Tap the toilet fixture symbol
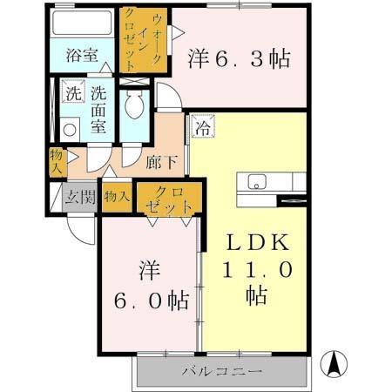pos(133,107)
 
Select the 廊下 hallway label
pos(160,160)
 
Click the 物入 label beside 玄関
pos(116,196)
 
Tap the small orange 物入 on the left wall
pos(57,160)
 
